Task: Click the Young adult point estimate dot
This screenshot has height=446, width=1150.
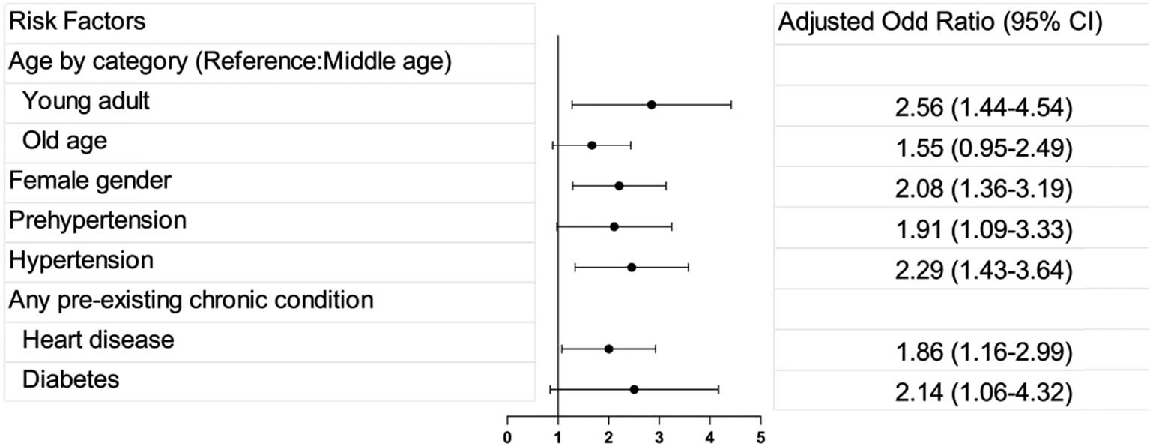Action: [651, 105]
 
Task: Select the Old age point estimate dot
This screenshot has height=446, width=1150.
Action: [592, 145]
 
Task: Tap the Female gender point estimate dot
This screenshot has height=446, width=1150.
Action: [619, 186]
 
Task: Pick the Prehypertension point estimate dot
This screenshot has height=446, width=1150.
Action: [614, 226]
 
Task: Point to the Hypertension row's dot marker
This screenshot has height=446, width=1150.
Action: [631, 267]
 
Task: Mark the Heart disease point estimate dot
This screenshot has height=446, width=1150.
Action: [608, 349]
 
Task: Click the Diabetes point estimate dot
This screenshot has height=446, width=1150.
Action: [634, 389]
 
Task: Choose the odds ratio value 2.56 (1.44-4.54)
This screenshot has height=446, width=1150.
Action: [962, 109]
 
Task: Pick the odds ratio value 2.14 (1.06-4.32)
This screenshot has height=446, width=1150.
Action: [962, 393]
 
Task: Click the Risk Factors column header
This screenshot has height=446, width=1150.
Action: [76, 22]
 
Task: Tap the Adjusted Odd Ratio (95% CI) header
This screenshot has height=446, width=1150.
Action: [940, 22]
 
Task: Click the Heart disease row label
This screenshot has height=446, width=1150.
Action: [98, 340]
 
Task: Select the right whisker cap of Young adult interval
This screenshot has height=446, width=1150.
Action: [730, 105]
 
